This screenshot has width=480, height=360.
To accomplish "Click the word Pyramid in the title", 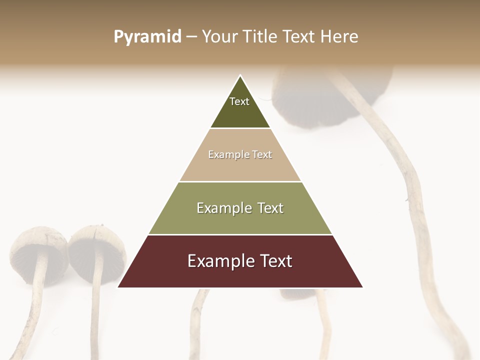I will click(147, 37).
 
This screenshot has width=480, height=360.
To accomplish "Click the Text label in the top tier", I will click(239, 101).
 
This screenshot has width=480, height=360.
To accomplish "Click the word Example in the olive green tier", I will click(224, 208).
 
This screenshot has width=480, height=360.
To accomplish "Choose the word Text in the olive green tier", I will click(270, 208).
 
